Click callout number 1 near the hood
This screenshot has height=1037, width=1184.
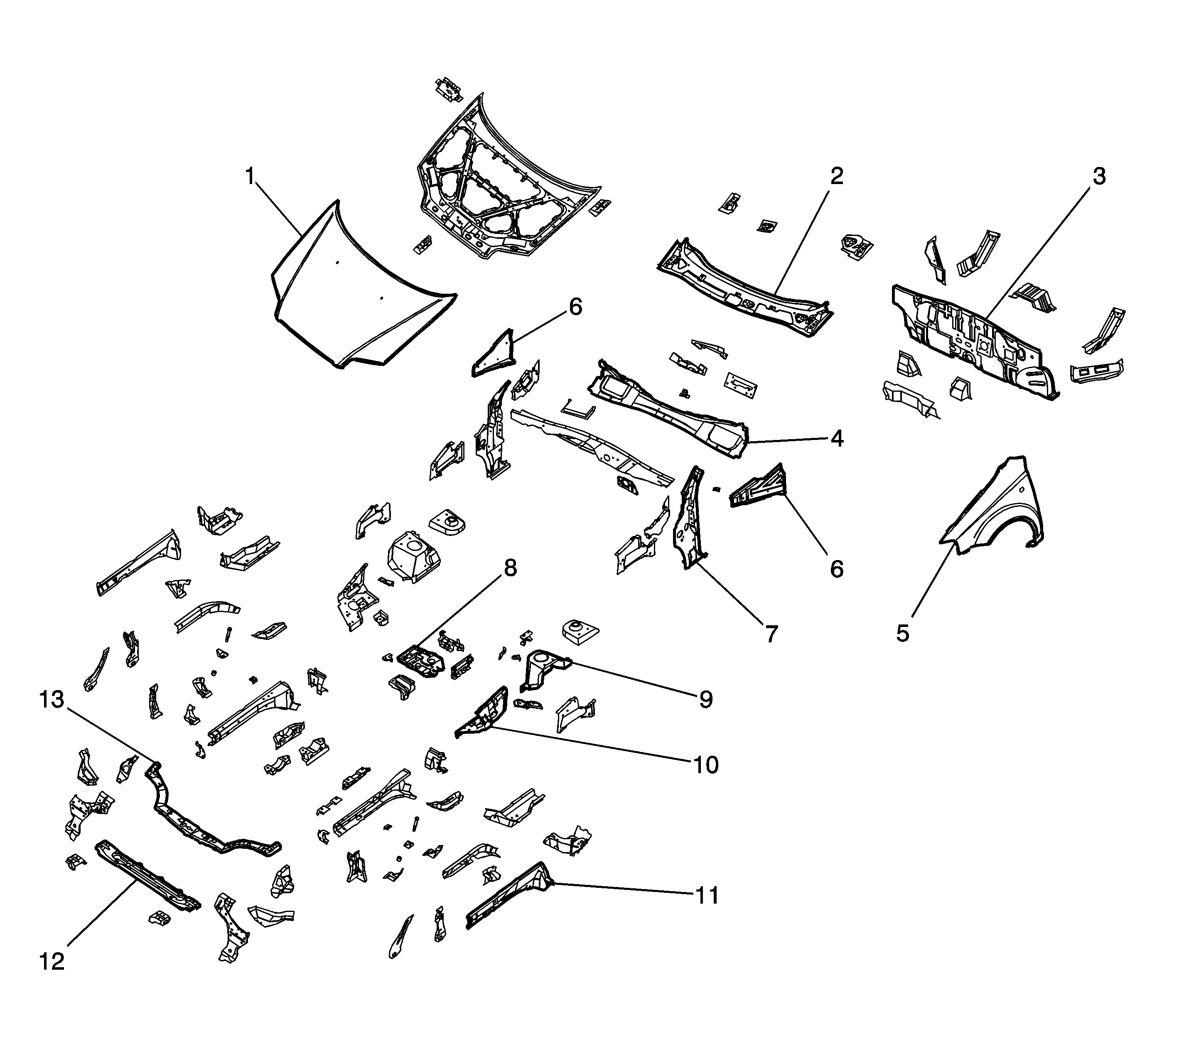pyautogui.click(x=250, y=176)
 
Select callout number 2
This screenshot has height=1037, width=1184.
pyautogui.click(x=836, y=176)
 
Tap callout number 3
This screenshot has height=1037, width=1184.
pyautogui.click(x=1098, y=176)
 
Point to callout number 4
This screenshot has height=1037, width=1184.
pyautogui.click(x=836, y=439)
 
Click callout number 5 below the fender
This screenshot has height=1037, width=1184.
pyautogui.click(x=903, y=633)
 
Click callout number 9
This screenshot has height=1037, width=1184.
pyautogui.click(x=705, y=699)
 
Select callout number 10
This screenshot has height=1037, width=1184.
pyautogui.click(x=705, y=765)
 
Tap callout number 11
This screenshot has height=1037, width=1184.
pyautogui.click(x=705, y=896)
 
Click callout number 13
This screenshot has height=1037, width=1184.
pyautogui.click(x=52, y=700)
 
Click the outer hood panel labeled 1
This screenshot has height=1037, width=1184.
pyautogui.click(x=359, y=289)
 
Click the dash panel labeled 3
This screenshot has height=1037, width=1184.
pyautogui.click(x=972, y=342)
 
